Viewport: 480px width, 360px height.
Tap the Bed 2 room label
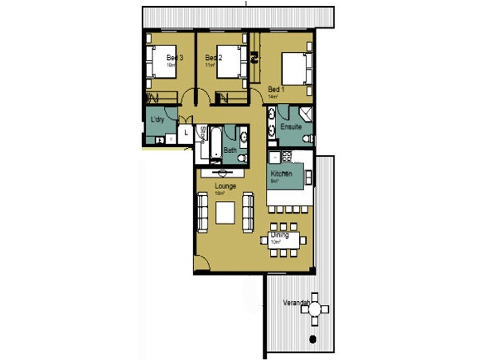[x=214, y=58]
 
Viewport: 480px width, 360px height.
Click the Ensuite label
[x=290, y=127]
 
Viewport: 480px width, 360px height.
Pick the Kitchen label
[x=281, y=173]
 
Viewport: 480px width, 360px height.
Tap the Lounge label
[x=224, y=187]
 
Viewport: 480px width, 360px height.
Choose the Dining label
[x=280, y=235]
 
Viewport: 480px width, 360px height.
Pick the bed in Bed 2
[x=230, y=62]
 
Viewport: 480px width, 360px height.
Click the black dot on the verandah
[x=312, y=340]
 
